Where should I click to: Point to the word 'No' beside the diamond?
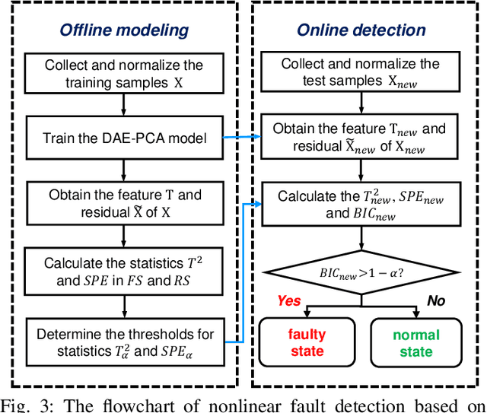point(436,300)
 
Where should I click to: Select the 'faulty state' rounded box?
point(306,343)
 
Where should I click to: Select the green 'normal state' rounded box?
point(416,343)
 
